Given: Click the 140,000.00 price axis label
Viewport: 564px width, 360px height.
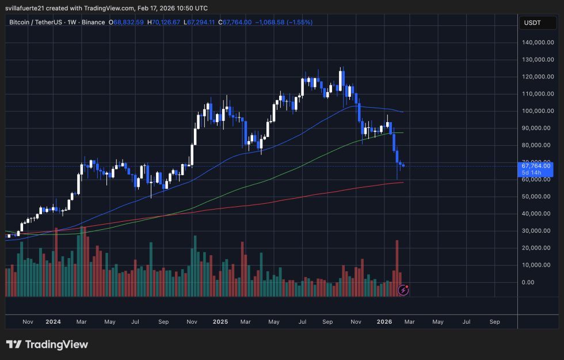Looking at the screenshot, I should coord(538,43).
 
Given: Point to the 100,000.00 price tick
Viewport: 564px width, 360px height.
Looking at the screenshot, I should coord(538,111).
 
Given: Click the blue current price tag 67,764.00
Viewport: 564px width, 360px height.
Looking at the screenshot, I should coord(538,166).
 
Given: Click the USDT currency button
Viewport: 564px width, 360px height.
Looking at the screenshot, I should coord(531,22).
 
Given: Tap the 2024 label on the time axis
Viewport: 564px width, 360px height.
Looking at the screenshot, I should coord(53,322).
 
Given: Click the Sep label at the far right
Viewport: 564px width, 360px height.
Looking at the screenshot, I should coord(494,322).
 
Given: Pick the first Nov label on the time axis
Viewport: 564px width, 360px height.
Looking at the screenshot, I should coord(27,322).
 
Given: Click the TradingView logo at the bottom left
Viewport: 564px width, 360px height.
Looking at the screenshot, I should coord(47,344).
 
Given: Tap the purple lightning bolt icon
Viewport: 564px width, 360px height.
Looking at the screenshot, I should coord(403,290).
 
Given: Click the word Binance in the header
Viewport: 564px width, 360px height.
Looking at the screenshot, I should coord(92,22).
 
